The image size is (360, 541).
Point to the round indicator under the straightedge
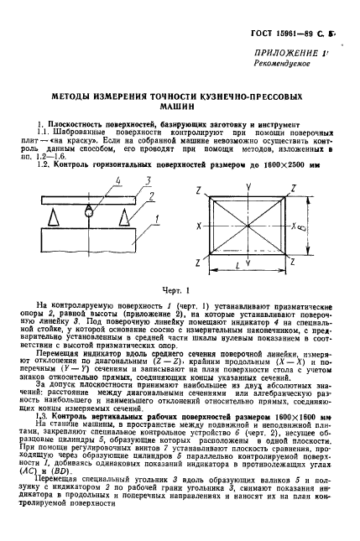click(x=86, y=213)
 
